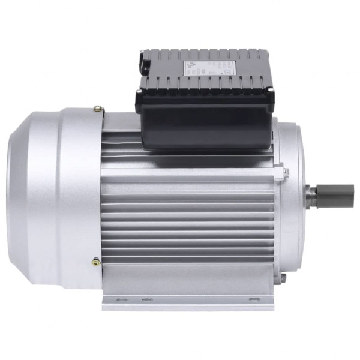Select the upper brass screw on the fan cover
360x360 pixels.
click(97, 109)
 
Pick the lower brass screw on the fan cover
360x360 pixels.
click(96, 261)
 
